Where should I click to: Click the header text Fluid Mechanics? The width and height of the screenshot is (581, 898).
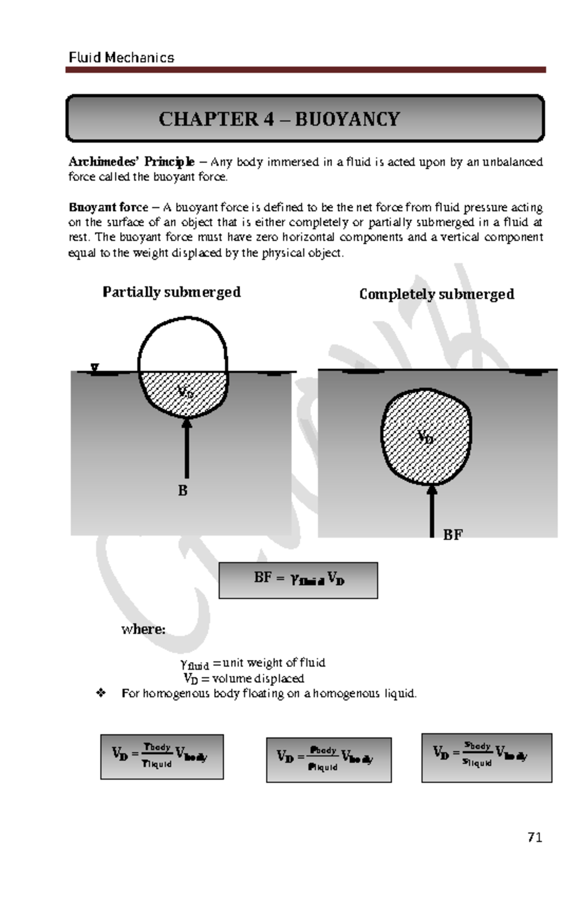coord(121,58)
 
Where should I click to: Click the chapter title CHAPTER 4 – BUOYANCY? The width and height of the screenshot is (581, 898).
coord(279,119)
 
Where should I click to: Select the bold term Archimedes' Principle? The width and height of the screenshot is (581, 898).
coord(131,162)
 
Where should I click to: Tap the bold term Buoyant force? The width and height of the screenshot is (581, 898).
coord(108,208)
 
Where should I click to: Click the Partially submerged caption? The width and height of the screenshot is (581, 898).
coord(171,292)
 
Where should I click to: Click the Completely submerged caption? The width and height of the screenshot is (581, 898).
coord(436,294)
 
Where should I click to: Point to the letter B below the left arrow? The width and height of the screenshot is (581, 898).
coord(183,491)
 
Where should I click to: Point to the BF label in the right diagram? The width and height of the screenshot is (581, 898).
coord(453,534)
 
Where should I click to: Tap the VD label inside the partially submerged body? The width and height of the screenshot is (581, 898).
coord(185,392)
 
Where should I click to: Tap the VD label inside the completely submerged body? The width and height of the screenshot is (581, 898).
coord(426,438)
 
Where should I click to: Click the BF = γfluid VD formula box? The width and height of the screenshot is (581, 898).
coord(298,580)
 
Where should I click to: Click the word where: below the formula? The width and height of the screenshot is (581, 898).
coord(143,629)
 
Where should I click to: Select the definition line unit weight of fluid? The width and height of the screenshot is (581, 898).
coord(252,663)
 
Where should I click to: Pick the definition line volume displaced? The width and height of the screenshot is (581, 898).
coord(244,678)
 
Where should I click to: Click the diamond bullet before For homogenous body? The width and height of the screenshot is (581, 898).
coord(101,694)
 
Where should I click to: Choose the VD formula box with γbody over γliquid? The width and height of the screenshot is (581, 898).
coord(162,756)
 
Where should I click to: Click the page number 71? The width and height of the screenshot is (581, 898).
coord(535,837)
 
